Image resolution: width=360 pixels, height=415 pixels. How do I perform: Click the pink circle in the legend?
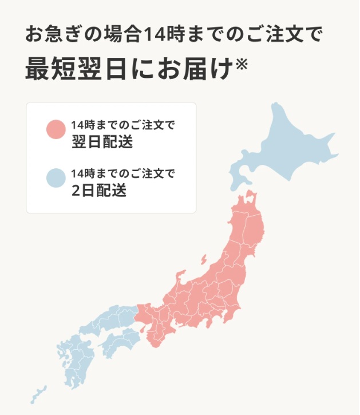(x=57, y=129)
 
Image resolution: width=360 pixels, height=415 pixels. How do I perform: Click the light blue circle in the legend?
(x=57, y=179)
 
